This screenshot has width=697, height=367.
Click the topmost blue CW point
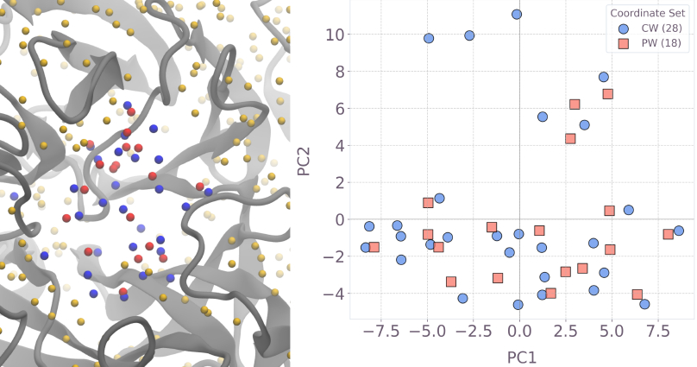click(x=517, y=15)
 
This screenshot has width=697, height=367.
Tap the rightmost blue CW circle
click(x=679, y=231)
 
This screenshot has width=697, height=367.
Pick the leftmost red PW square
click(x=374, y=248)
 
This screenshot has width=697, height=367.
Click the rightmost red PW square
click(x=668, y=234)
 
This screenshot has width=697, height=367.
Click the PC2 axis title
click(x=303, y=159)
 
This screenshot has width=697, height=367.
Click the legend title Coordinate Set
click(x=648, y=13)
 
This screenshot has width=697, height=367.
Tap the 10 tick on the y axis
click(x=334, y=35)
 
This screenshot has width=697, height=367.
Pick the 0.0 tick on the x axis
click(x=519, y=332)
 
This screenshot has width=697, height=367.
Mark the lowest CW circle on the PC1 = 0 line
click(x=518, y=305)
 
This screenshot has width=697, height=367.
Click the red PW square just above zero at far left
click(x=428, y=203)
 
